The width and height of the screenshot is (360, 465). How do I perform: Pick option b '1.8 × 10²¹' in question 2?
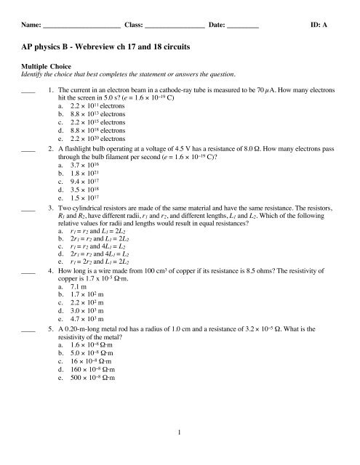(81, 174)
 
